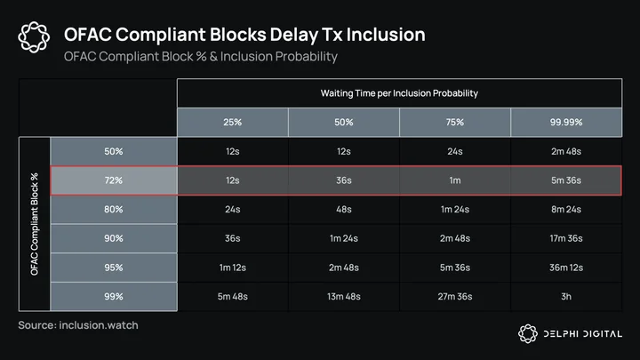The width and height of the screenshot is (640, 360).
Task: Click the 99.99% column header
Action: click(x=566, y=122)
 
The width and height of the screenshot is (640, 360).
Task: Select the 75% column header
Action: click(x=455, y=122)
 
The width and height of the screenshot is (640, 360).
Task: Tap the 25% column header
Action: click(x=233, y=122)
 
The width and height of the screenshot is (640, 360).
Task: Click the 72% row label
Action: click(x=114, y=180)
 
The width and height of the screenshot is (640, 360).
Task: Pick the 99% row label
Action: click(x=114, y=297)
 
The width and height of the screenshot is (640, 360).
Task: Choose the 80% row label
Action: click(x=114, y=210)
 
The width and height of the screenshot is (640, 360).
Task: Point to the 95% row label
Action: click(x=114, y=268)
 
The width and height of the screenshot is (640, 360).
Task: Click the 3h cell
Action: click(x=566, y=297)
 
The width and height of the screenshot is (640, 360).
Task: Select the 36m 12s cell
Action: click(x=566, y=268)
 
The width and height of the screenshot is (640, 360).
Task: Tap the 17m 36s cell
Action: click(x=566, y=238)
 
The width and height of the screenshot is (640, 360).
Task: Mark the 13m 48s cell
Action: click(x=344, y=297)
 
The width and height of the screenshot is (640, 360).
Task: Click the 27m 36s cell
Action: click(x=455, y=297)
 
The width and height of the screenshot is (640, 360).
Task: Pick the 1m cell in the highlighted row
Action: click(x=455, y=180)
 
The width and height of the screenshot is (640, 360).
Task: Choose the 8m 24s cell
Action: click(x=566, y=210)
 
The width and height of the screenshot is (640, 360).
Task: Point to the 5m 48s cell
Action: click(x=233, y=297)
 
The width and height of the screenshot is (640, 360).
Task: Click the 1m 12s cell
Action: click(x=233, y=268)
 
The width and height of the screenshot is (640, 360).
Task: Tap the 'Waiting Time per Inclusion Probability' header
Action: click(x=399, y=93)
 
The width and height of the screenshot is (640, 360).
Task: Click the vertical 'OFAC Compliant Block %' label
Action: click(x=35, y=224)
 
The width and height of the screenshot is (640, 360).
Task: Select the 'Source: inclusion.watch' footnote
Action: click(x=78, y=325)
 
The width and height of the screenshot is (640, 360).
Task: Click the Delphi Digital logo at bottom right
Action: click(x=570, y=334)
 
